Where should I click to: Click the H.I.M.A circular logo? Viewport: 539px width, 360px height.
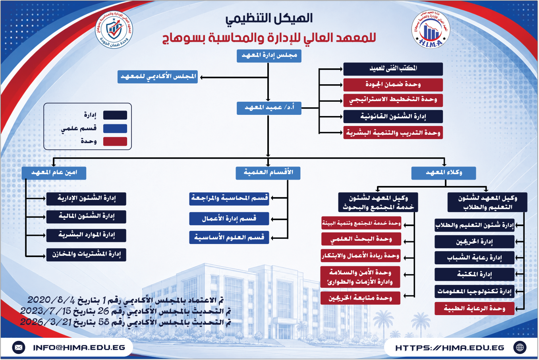[431, 29]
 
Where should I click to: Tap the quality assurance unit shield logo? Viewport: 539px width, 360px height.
[114, 29]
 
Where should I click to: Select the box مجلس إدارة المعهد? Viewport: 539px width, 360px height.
[269, 56]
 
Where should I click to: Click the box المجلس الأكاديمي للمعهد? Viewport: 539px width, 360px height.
[158, 77]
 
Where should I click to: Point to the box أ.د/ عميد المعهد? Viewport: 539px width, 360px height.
[269, 108]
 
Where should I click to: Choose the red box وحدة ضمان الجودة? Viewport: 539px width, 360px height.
[393, 85]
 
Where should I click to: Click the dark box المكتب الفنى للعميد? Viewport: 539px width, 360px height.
[393, 69]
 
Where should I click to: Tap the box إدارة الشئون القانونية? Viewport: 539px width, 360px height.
[393, 117]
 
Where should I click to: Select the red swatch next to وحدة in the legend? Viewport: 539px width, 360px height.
[115, 141]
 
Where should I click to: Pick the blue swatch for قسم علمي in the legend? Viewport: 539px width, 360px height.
[115, 128]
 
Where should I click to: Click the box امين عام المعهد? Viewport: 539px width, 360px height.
[54, 173]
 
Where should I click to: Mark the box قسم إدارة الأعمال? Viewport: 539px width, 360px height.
[229, 219]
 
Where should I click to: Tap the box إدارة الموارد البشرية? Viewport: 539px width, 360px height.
[86, 235]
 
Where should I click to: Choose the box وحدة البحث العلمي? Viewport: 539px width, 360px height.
[361, 239]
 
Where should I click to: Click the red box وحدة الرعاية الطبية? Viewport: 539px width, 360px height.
[475, 308]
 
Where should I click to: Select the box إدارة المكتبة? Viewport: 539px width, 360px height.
[475, 275]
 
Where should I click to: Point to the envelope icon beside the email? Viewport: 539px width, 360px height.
[19, 348]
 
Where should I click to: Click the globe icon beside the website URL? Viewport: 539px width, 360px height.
[520, 348]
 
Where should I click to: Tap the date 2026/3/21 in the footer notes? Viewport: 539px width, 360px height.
[45, 322]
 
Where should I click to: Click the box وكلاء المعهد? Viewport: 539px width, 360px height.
[444, 173]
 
